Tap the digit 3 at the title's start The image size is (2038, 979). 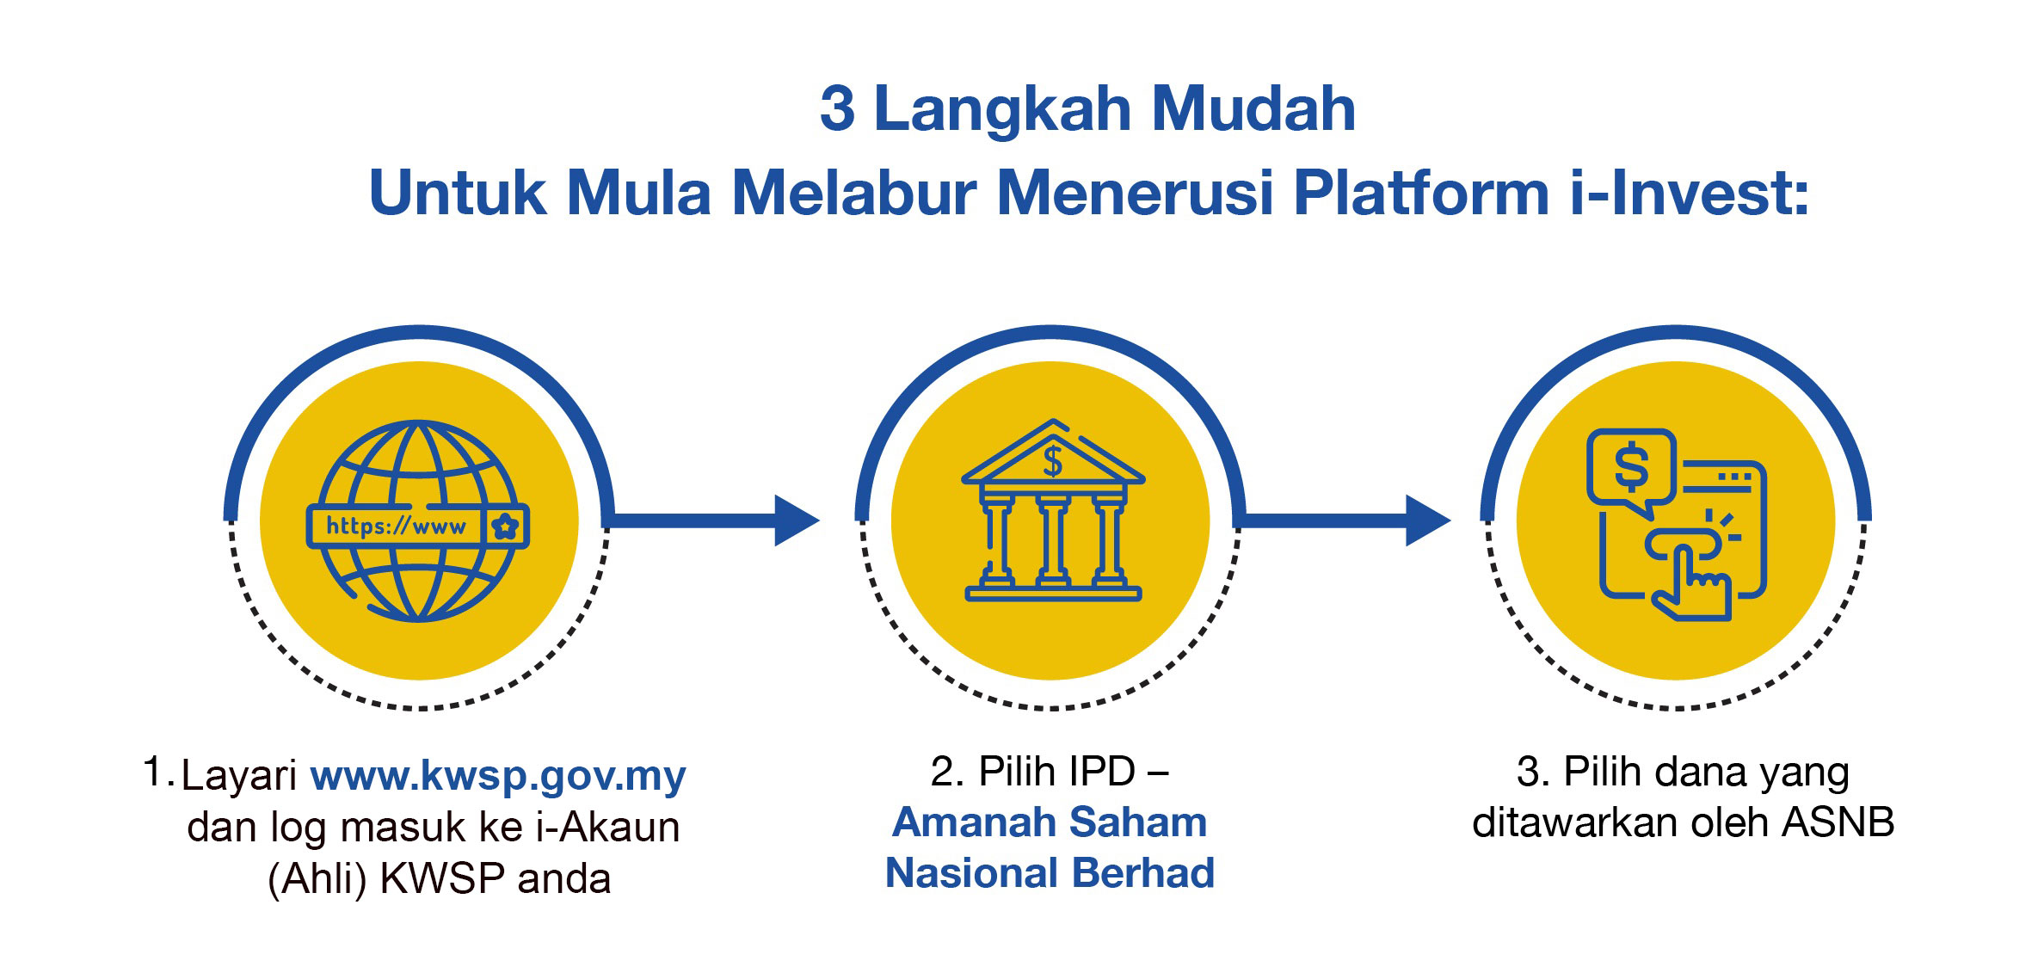[837, 109]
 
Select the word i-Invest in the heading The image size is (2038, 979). [1689, 193]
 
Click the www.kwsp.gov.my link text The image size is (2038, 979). [498, 775]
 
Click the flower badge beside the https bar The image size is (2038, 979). [506, 526]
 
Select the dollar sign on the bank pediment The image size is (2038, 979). [1052, 462]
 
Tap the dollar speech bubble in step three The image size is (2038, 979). [1630, 472]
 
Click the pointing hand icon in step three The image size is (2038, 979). [1688, 572]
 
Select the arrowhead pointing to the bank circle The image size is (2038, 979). [797, 520]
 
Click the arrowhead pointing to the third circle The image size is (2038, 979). [1428, 520]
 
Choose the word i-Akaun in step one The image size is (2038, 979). [607, 827]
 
